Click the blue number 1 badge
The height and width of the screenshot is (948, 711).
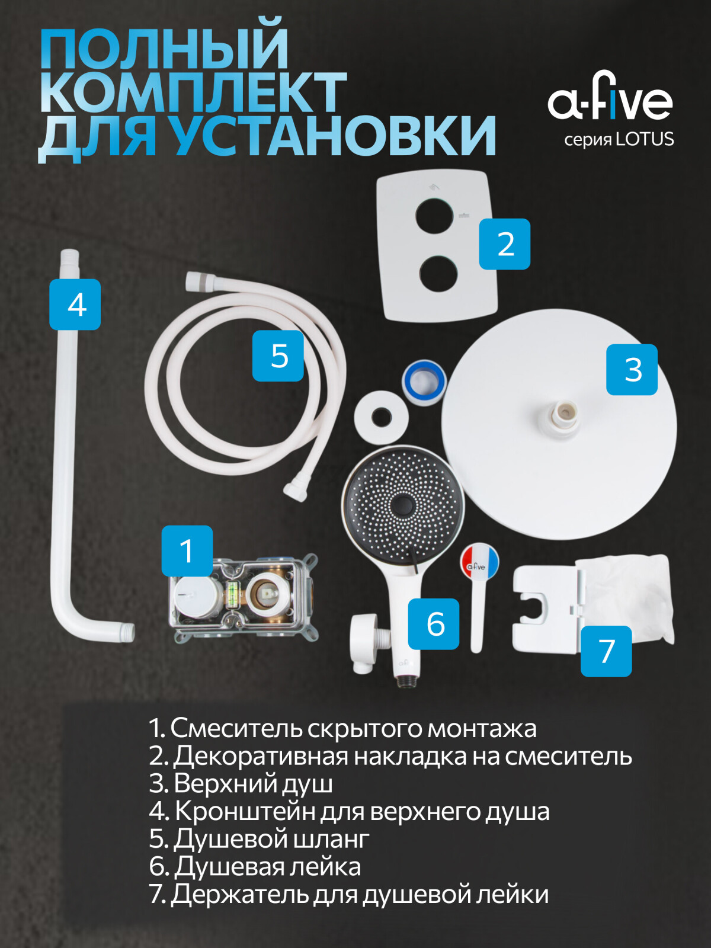click(187, 551)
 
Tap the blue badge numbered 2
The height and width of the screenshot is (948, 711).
click(505, 244)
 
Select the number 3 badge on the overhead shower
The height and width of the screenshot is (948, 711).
click(632, 370)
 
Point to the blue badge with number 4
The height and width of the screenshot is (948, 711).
click(75, 305)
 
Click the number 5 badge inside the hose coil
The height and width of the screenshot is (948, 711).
click(278, 355)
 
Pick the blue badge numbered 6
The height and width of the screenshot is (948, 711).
click(435, 623)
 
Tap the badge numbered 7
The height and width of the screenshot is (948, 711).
click(606, 651)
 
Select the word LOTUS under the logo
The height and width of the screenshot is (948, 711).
click(645, 140)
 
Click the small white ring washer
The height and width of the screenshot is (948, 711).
click(381, 417)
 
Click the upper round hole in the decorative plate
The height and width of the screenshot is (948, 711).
click(434, 216)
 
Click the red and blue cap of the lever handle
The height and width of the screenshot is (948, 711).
click(479, 562)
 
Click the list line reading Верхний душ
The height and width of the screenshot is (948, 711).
click(241, 783)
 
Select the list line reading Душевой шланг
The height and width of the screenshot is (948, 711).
click(260, 838)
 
